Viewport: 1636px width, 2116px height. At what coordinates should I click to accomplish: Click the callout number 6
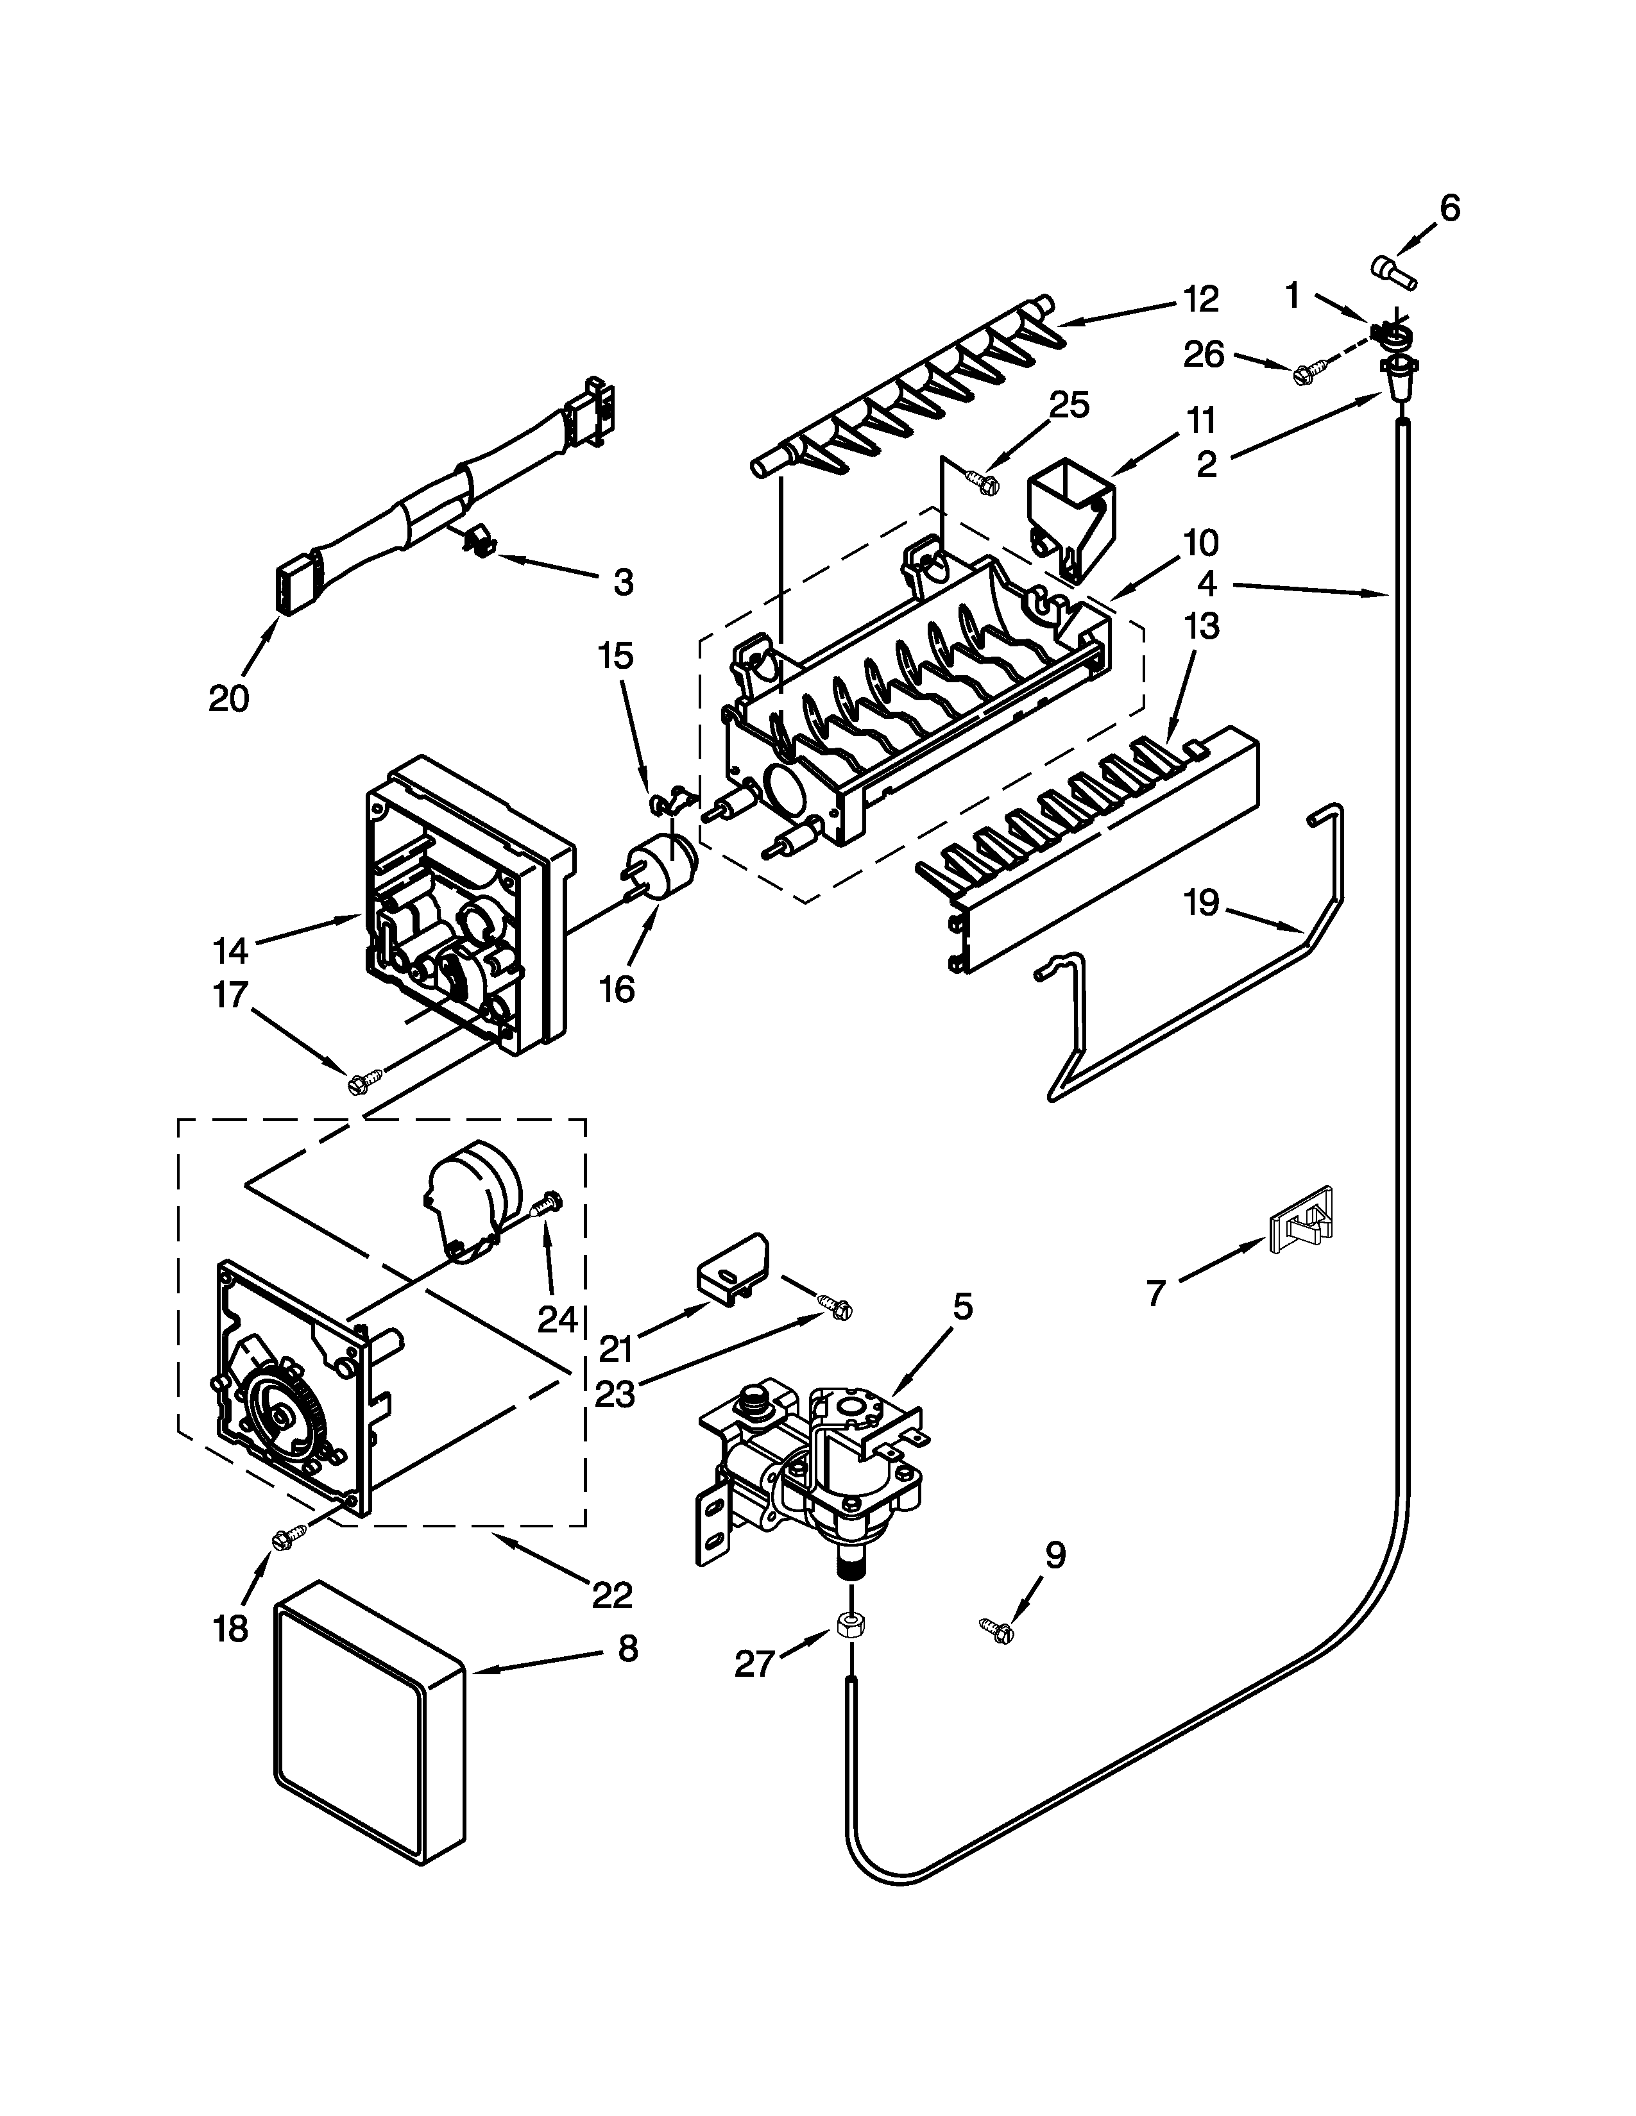(x=1449, y=208)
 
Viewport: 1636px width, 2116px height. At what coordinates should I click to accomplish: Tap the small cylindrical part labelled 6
(x=1393, y=273)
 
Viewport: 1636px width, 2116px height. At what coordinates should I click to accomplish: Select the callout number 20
(x=230, y=698)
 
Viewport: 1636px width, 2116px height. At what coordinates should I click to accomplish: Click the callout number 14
(x=231, y=950)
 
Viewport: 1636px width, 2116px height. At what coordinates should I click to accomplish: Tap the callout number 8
(x=628, y=1648)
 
